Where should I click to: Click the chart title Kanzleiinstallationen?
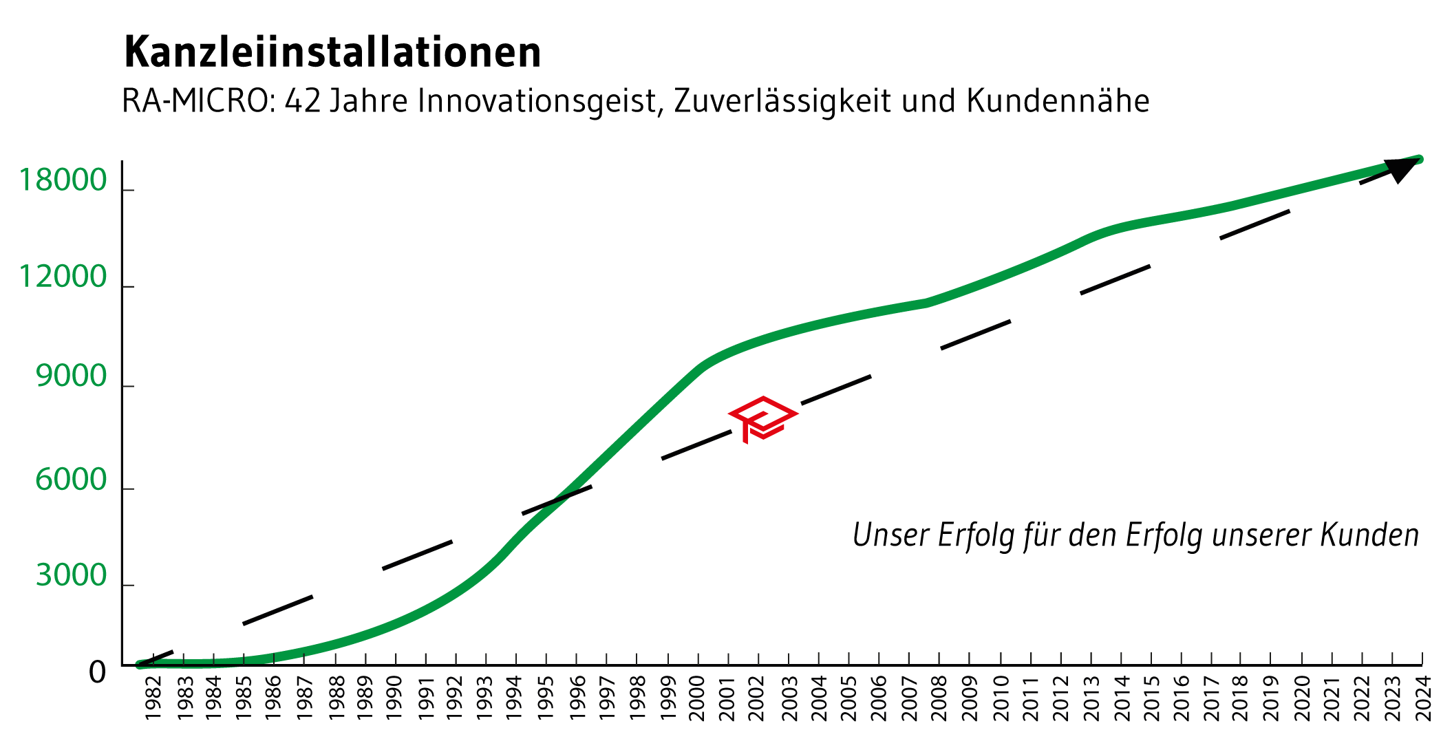(x=332, y=52)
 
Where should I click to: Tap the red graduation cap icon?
(x=763, y=418)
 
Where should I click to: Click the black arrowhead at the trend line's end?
(x=1402, y=169)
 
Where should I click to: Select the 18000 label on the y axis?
(x=63, y=181)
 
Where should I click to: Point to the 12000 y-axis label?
(x=63, y=277)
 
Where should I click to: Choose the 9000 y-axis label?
(x=72, y=376)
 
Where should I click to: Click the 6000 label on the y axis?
(x=72, y=480)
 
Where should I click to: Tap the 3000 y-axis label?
(x=72, y=575)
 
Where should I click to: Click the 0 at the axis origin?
(x=98, y=672)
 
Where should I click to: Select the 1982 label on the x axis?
(x=153, y=698)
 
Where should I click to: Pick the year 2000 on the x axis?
(x=697, y=698)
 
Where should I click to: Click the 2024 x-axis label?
(x=1422, y=698)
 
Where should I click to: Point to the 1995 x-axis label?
(x=546, y=698)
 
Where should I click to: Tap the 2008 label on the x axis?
(x=939, y=698)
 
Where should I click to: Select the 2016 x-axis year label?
(x=1181, y=698)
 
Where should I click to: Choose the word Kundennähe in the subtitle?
(x=1058, y=101)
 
